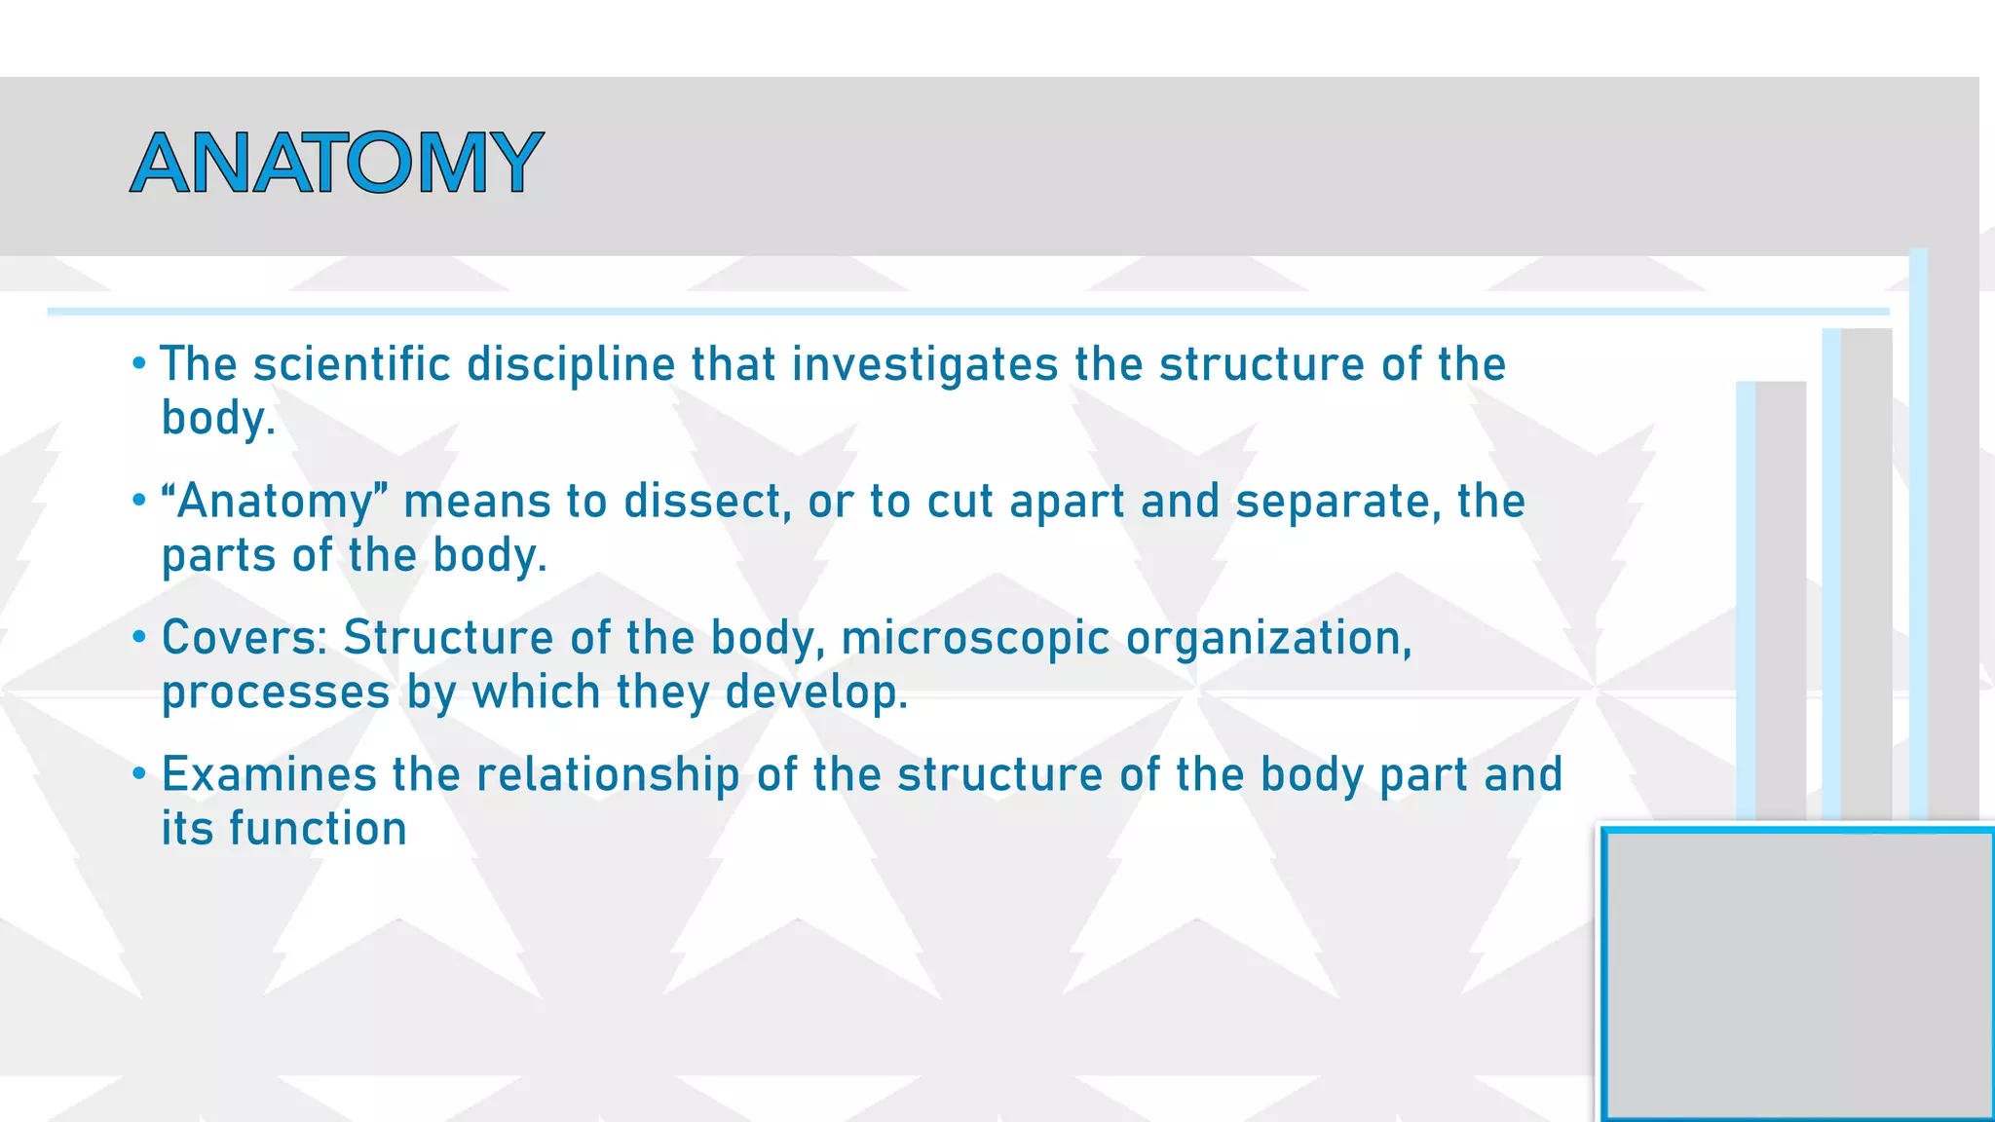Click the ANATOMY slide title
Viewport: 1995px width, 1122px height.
coord(336,163)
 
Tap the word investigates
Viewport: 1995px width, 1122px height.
coord(924,365)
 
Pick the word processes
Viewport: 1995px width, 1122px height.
coord(276,693)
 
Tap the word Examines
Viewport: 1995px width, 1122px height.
coord(269,775)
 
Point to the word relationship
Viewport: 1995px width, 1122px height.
coord(608,776)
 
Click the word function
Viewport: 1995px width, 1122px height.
coord(318,829)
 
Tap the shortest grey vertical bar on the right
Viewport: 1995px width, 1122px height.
coord(1780,599)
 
